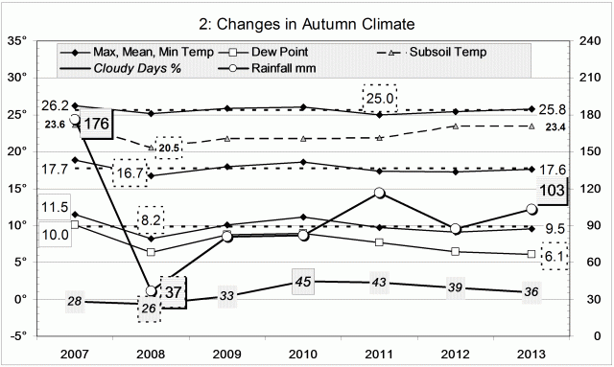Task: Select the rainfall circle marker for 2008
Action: [151, 291]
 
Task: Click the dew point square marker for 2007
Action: [75, 224]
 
